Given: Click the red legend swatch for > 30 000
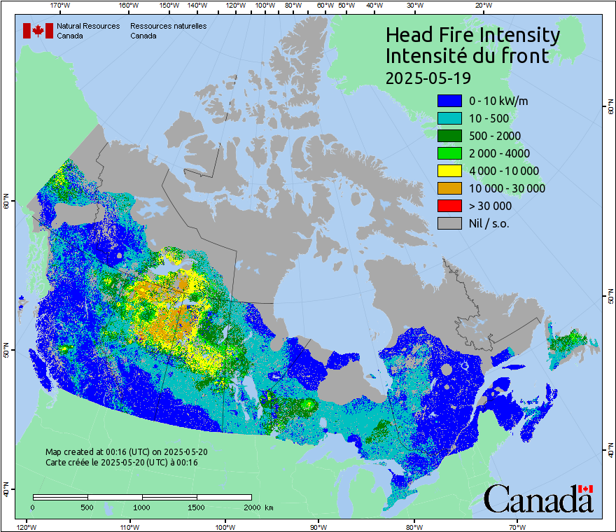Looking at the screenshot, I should point(449,206).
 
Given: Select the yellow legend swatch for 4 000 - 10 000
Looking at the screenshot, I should point(449,171).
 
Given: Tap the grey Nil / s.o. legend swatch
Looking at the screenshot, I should point(449,223).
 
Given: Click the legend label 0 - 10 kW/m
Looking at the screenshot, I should point(498,101).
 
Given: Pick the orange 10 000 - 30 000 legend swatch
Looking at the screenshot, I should point(449,188).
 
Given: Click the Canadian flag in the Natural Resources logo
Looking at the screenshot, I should point(38,30).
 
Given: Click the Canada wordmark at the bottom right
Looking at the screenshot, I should point(538,498).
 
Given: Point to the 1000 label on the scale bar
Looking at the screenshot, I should point(142,507).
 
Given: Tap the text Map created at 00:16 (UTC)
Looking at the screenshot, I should point(126,452).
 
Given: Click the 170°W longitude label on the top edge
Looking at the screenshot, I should point(61,6).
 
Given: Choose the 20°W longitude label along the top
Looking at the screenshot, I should point(482,6).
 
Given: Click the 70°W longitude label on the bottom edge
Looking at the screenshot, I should point(517,526).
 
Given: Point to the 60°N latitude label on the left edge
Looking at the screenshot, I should point(6,202).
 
